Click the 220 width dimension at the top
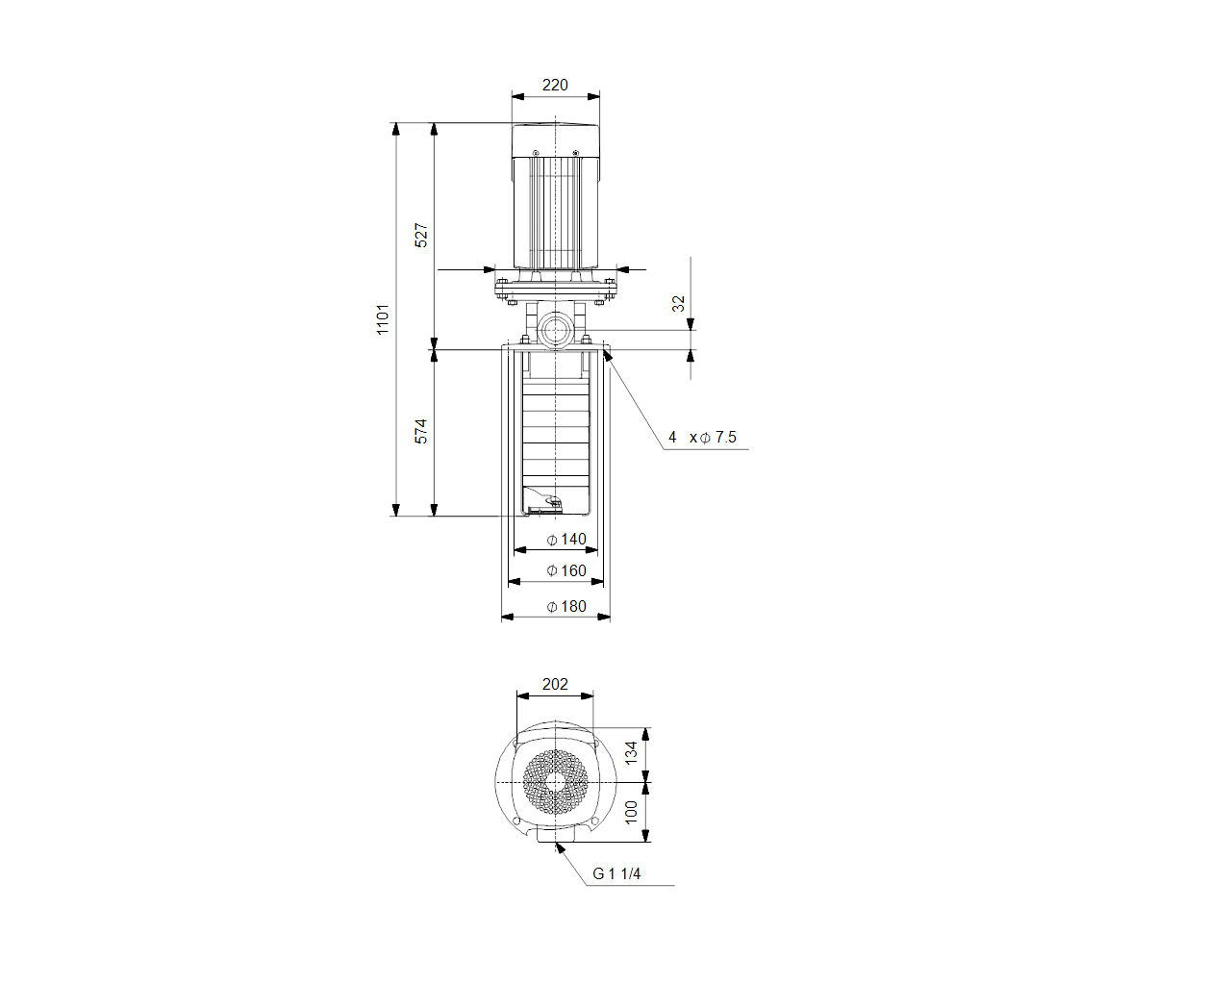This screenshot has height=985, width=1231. point(555,85)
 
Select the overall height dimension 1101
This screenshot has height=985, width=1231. point(382,319)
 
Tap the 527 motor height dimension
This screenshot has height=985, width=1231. point(420,236)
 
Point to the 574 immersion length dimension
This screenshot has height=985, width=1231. point(420,432)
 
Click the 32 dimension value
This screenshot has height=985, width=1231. point(678,303)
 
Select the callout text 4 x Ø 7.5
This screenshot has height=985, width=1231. point(702,438)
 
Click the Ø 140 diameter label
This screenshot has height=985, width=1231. point(566,539)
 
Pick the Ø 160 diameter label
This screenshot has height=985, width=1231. point(566,570)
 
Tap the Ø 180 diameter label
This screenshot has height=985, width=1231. point(566,606)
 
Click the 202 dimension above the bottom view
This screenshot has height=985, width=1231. point(555,684)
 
